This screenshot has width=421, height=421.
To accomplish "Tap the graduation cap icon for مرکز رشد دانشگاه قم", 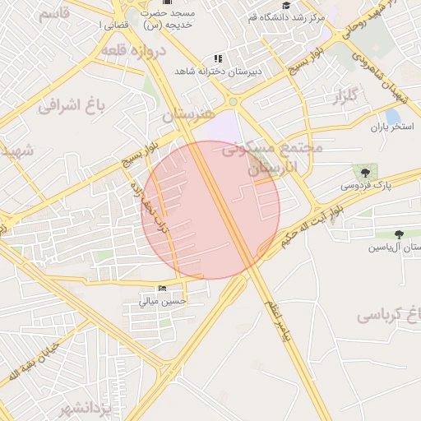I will tap(286, 5).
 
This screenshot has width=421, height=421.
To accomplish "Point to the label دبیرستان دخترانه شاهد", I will tap(217, 72).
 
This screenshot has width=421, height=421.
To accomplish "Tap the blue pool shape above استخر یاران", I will tap(392, 116).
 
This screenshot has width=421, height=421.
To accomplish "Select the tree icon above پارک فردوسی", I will tap(363, 172).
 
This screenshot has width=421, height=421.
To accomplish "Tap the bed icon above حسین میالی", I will tap(162, 288).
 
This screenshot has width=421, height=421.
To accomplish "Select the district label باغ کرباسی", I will tap(389, 315).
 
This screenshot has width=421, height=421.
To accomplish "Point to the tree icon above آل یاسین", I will tap(399, 234).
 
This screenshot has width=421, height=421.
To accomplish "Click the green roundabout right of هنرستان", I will tap(234, 101).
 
